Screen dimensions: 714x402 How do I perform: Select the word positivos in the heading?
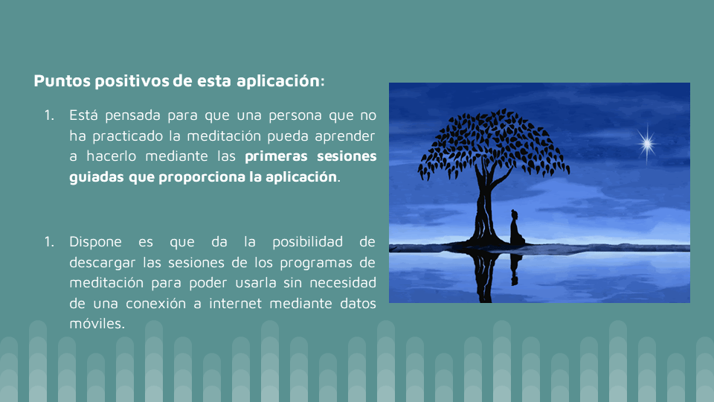[x=132, y=81]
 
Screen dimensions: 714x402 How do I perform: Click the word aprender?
[x=344, y=135]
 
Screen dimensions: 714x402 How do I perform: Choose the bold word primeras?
[x=277, y=156]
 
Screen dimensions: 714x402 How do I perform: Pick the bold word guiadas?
[x=97, y=177]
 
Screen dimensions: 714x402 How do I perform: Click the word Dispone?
[x=96, y=241]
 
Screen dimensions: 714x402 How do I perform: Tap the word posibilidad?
[x=307, y=241]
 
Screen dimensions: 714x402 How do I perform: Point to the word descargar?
[x=103, y=263]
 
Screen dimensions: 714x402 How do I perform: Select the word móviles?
[x=97, y=323]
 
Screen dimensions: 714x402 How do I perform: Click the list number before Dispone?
[x=49, y=241]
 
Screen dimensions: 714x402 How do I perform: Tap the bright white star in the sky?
[x=646, y=144]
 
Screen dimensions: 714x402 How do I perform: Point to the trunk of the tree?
[x=484, y=205]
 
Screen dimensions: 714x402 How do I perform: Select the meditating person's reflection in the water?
[x=515, y=269]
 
